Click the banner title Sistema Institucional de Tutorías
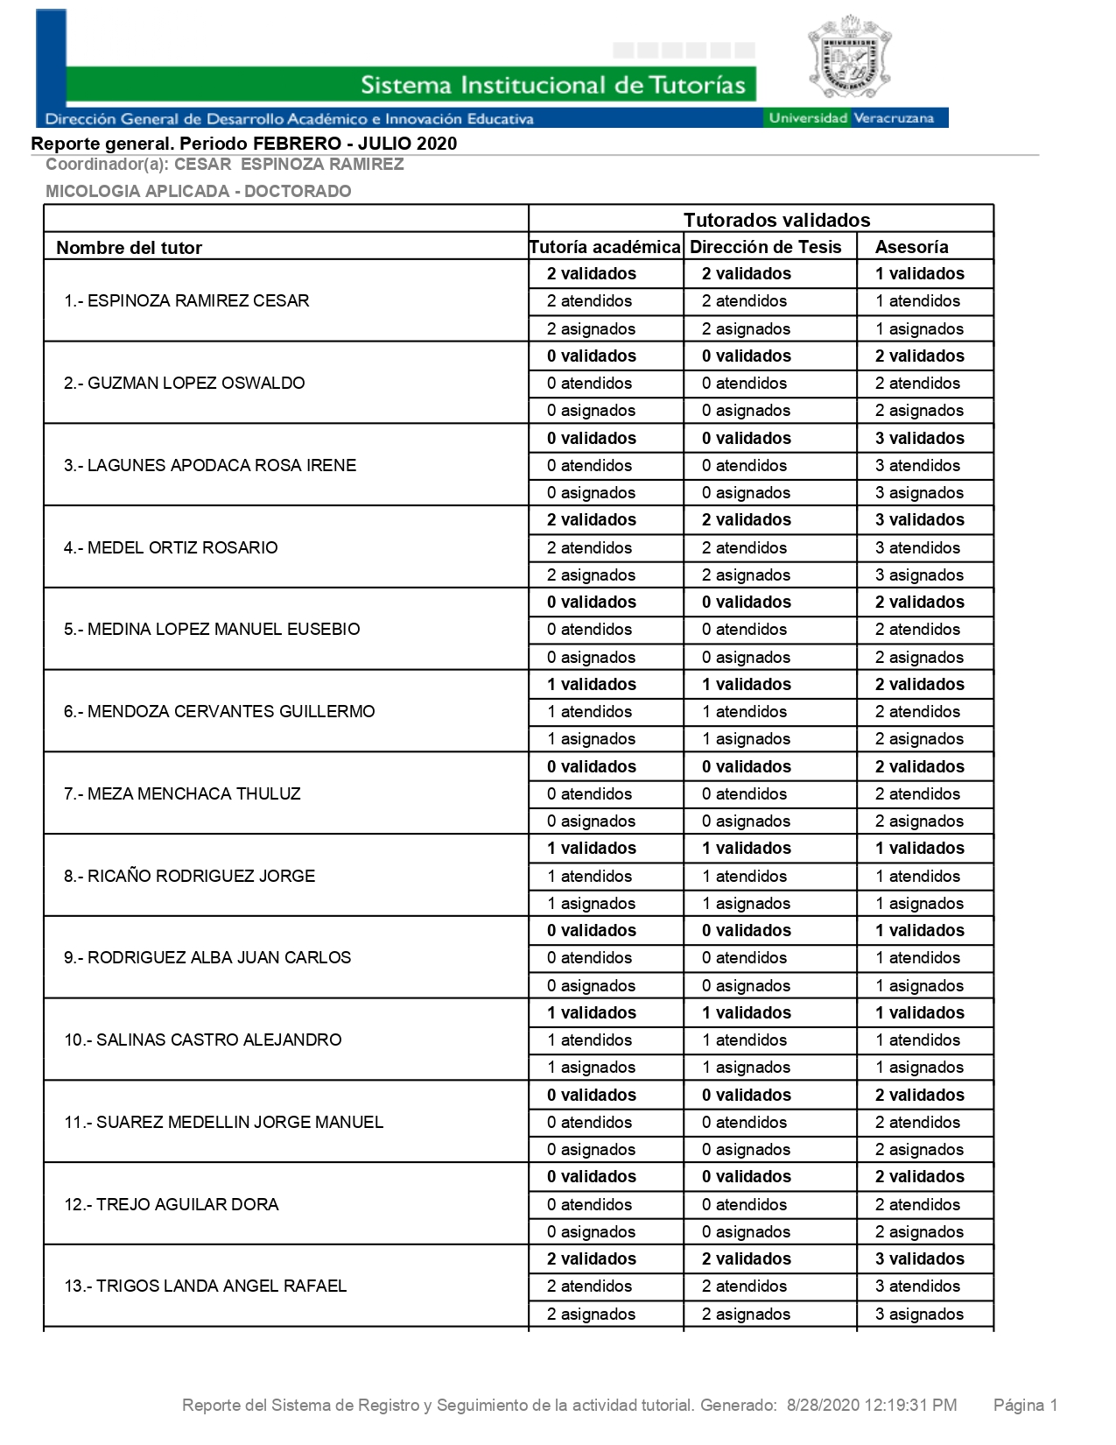552,85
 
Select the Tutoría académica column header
605,247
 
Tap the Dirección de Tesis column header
765,247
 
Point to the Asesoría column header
911,247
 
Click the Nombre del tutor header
129,248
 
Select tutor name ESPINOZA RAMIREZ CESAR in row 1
186,301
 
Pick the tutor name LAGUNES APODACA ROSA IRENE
210,465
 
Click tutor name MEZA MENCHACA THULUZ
182,793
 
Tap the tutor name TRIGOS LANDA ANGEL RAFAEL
205,1286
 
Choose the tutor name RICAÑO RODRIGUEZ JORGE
189,876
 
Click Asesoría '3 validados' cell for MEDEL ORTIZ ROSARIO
919,519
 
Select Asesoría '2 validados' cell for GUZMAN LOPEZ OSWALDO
919,356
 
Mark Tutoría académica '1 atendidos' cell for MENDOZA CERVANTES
589,711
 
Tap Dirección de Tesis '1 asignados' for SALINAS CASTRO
746,1067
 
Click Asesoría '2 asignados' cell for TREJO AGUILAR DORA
919,1231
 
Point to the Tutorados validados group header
776,220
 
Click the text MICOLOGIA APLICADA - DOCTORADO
198,191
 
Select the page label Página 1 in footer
1025,1406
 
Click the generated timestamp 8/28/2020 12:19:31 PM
872,1406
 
